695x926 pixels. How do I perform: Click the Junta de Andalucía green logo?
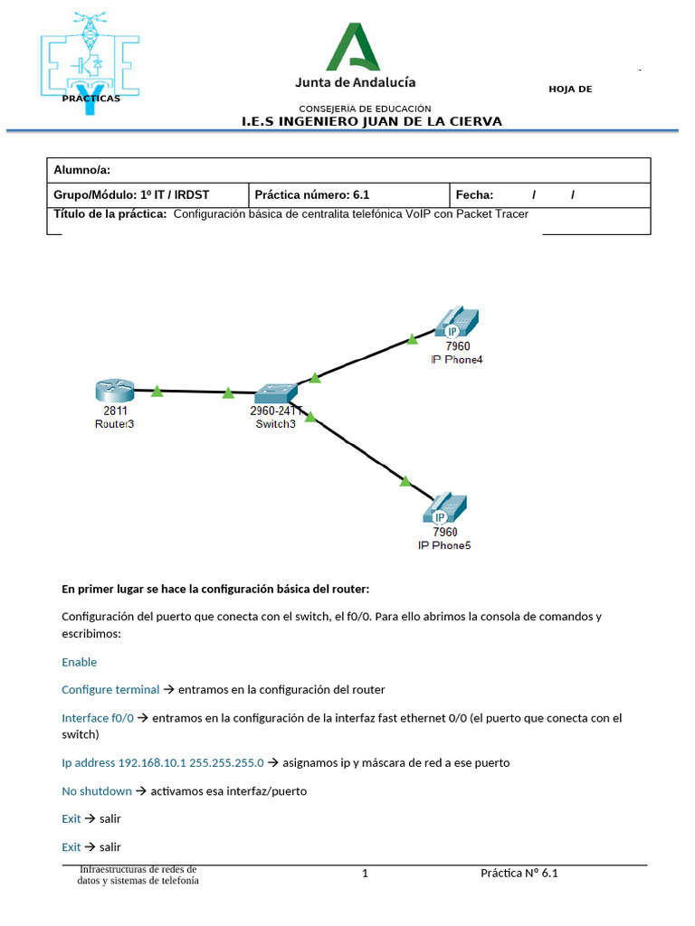pos(354,47)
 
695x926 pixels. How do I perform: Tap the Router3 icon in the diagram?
pos(115,391)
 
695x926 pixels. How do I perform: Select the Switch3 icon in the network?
pos(275,393)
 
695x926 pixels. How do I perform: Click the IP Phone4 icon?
pos(456,324)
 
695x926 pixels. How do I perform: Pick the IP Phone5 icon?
pos(444,509)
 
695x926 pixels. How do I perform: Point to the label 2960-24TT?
pos(276,411)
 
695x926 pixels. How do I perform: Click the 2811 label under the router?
pos(115,411)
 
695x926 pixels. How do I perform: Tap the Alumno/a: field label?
pos(82,170)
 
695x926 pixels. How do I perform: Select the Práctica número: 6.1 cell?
pos(312,194)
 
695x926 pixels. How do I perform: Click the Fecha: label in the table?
pos(475,194)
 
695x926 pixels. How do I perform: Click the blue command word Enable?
pos(80,662)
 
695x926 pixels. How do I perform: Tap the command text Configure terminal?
pos(110,689)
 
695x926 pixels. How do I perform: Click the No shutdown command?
pos(97,791)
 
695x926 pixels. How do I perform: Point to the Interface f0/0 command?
pos(98,718)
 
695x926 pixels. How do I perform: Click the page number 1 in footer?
pos(365,874)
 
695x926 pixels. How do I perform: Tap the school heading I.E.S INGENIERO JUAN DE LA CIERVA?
pos(371,121)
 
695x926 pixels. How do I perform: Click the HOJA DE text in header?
pos(570,89)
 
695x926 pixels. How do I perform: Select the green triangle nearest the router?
pos(157,392)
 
